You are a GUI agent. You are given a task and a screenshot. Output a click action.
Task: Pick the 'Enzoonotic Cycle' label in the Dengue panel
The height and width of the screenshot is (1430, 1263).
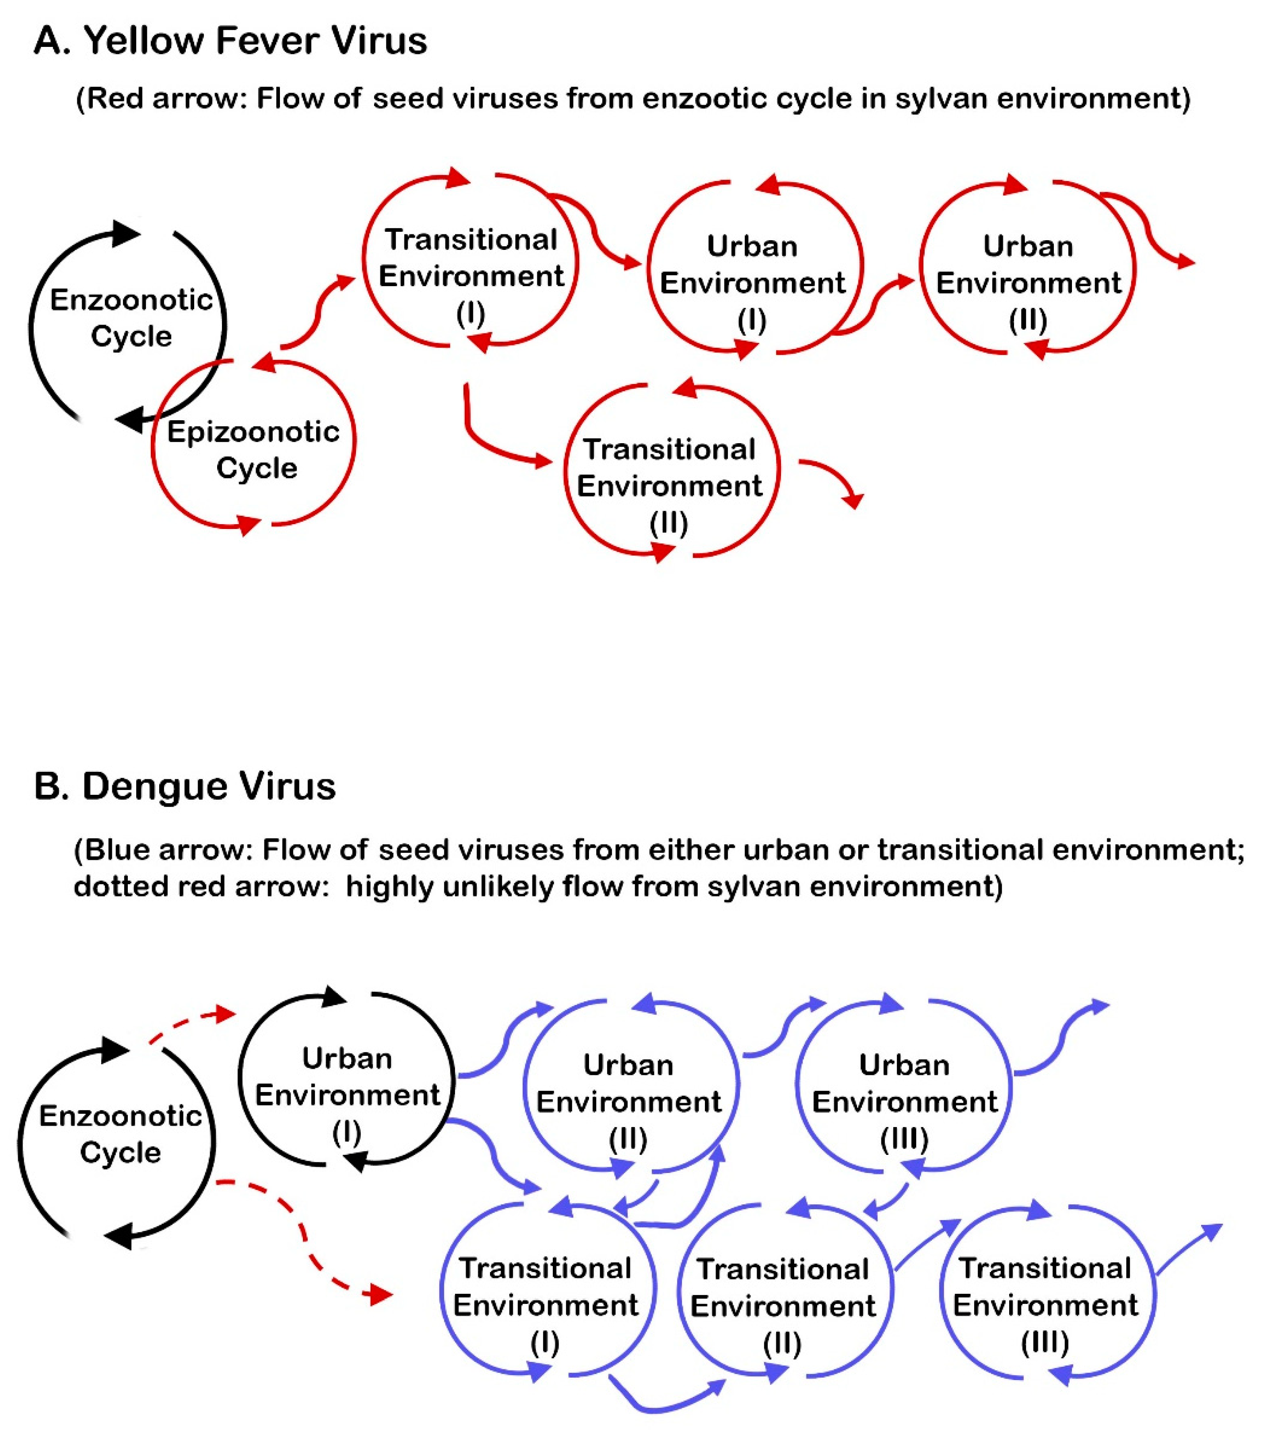[120, 1133]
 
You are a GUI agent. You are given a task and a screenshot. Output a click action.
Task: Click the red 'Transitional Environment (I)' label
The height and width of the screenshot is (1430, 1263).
[471, 276]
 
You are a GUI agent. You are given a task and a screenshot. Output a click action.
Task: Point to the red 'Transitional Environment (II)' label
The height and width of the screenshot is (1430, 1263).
[669, 486]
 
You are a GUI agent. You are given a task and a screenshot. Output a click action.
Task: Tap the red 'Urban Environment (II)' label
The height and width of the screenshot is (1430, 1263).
[1028, 283]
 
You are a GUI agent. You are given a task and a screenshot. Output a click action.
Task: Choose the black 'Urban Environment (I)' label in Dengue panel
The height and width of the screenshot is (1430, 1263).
[347, 1095]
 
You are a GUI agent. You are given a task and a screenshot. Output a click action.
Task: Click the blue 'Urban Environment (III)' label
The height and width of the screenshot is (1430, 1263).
[904, 1102]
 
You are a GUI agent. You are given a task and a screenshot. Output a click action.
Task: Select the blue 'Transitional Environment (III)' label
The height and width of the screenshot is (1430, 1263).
[1045, 1305]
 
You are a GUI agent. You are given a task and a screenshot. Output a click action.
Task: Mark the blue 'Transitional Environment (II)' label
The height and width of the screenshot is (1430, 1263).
[783, 1305]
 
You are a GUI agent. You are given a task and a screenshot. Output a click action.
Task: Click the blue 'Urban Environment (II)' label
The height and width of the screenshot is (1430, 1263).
[628, 1102]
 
